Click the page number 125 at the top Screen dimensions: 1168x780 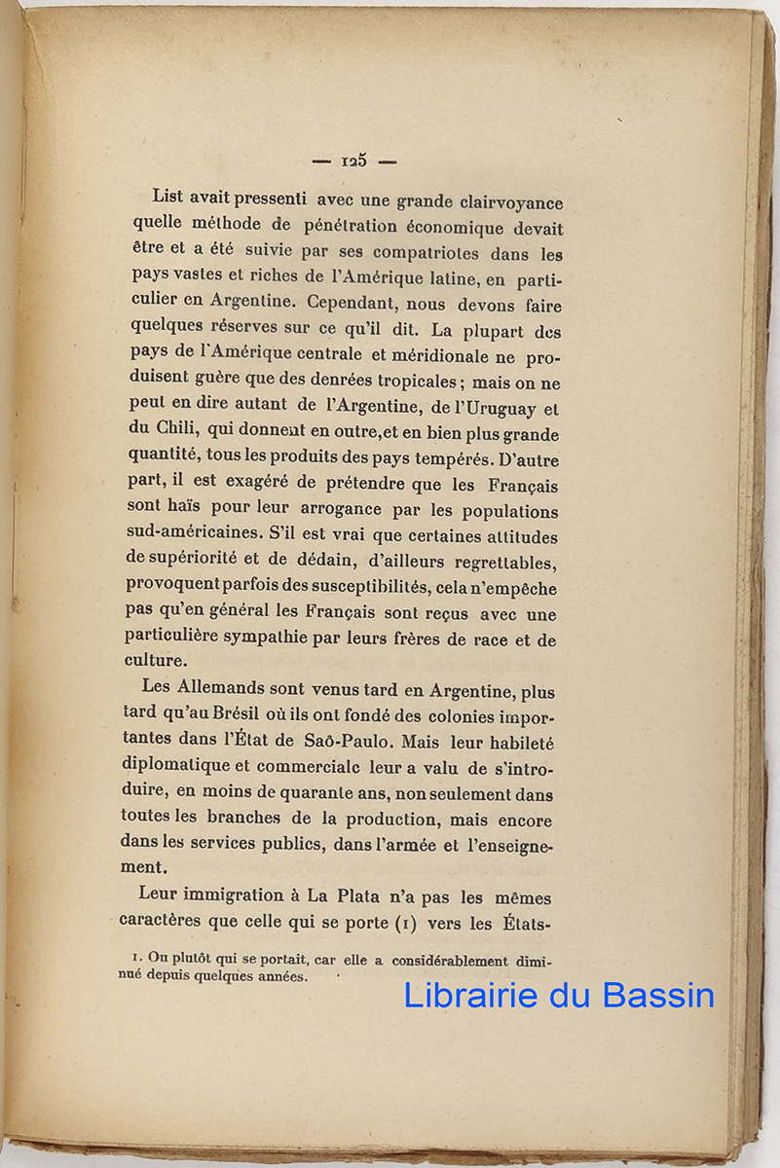coord(353,161)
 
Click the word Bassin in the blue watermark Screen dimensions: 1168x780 coord(658,995)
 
